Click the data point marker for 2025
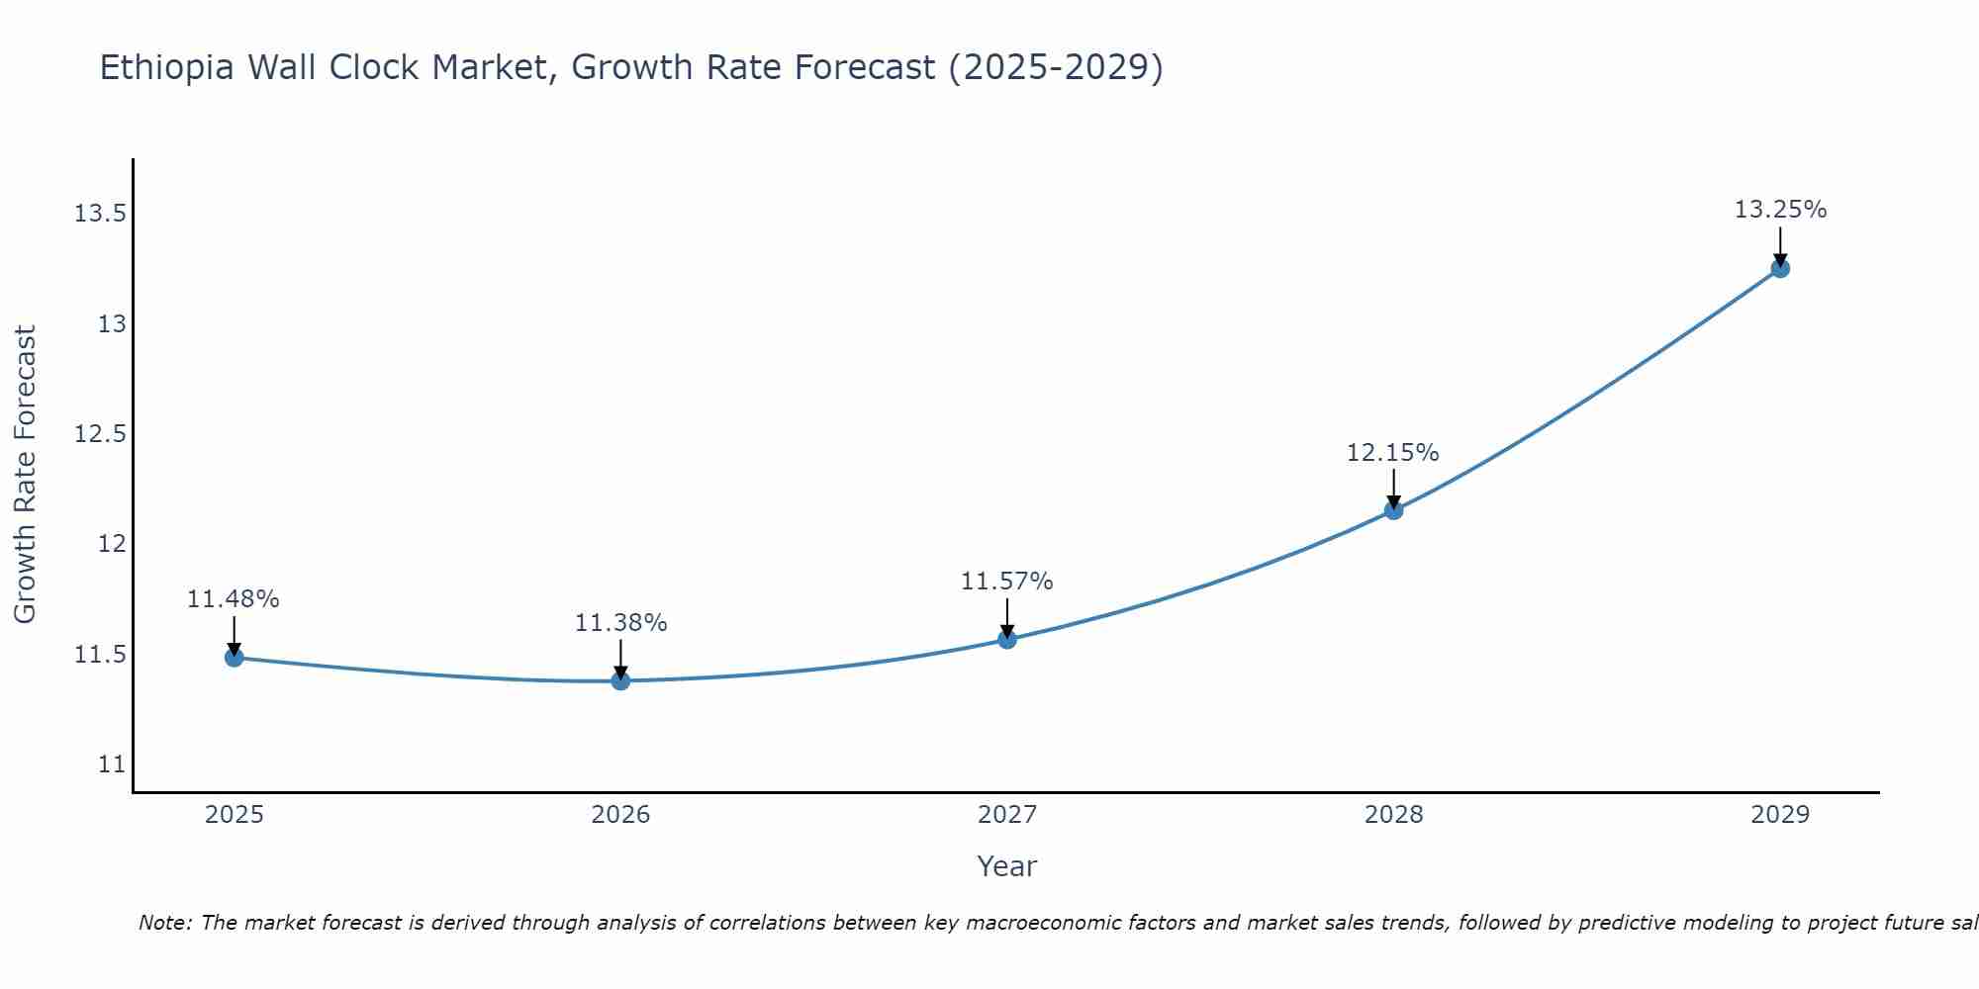click(235, 658)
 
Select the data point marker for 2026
click(620, 680)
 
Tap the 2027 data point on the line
click(1007, 639)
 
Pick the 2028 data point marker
click(1393, 510)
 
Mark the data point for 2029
click(1780, 268)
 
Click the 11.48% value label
click(234, 599)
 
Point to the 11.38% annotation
click(620, 623)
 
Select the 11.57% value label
click(1007, 582)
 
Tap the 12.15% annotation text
click(1392, 453)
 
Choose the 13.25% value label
click(1780, 210)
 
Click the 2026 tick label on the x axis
click(620, 815)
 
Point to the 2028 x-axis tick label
click(1393, 815)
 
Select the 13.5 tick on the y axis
click(100, 214)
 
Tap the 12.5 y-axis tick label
click(100, 434)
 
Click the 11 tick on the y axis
click(112, 764)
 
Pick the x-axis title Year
click(1006, 866)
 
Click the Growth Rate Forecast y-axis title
click(26, 474)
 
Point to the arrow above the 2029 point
click(1780, 245)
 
